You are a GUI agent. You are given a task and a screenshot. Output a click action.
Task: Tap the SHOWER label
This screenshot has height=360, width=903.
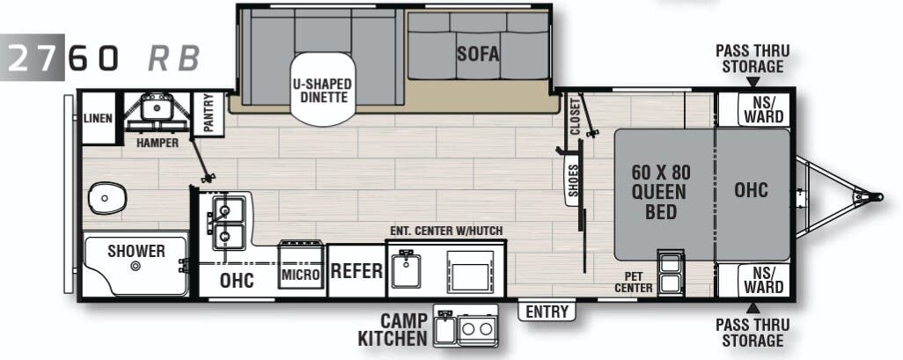coord(136,252)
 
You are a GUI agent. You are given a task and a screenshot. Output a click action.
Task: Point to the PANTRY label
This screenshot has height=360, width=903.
coord(209,114)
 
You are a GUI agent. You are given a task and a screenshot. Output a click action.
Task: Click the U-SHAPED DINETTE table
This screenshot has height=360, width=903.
coord(322,91)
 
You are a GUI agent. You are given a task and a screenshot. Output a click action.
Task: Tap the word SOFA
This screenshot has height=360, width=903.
coord(478,54)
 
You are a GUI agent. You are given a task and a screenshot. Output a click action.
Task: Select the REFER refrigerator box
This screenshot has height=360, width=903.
coord(356,271)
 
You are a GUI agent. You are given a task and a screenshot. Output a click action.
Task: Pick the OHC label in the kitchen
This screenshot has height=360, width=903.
coord(237,280)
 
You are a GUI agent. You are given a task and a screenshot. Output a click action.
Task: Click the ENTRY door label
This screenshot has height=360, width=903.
coord(547,312)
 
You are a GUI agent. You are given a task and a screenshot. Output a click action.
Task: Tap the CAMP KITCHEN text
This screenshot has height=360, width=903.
coord(392,329)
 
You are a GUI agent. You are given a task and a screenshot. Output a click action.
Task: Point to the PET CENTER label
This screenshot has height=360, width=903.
coord(633,282)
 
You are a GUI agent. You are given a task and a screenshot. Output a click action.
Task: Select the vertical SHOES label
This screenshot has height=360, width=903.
coord(573,181)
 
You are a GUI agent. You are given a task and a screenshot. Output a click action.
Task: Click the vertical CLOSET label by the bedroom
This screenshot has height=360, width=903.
coord(575,116)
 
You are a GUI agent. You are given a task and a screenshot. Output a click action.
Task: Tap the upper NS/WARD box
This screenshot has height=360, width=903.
coord(762,110)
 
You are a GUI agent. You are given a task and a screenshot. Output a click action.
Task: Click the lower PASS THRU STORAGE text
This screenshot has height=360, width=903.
coord(752,333)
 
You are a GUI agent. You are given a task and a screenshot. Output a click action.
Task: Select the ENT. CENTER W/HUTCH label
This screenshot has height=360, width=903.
coord(446,231)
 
